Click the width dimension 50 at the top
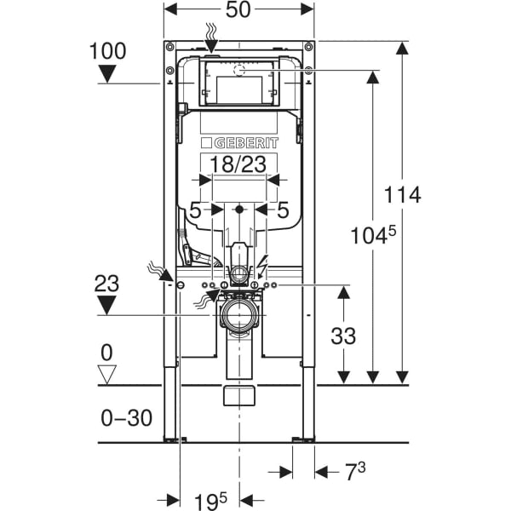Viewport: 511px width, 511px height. click(x=239, y=11)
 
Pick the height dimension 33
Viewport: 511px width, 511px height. click(x=344, y=336)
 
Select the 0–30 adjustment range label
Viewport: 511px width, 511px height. click(x=125, y=417)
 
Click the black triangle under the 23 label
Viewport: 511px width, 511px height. click(x=107, y=306)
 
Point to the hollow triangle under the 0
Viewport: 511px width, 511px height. click(x=107, y=372)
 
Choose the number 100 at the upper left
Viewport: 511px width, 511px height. click(x=107, y=51)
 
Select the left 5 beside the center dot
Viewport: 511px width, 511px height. click(x=195, y=209)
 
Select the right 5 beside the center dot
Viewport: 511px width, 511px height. click(x=284, y=209)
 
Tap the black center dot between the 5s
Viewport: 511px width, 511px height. click(x=239, y=209)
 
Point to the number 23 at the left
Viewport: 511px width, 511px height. click(x=107, y=282)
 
